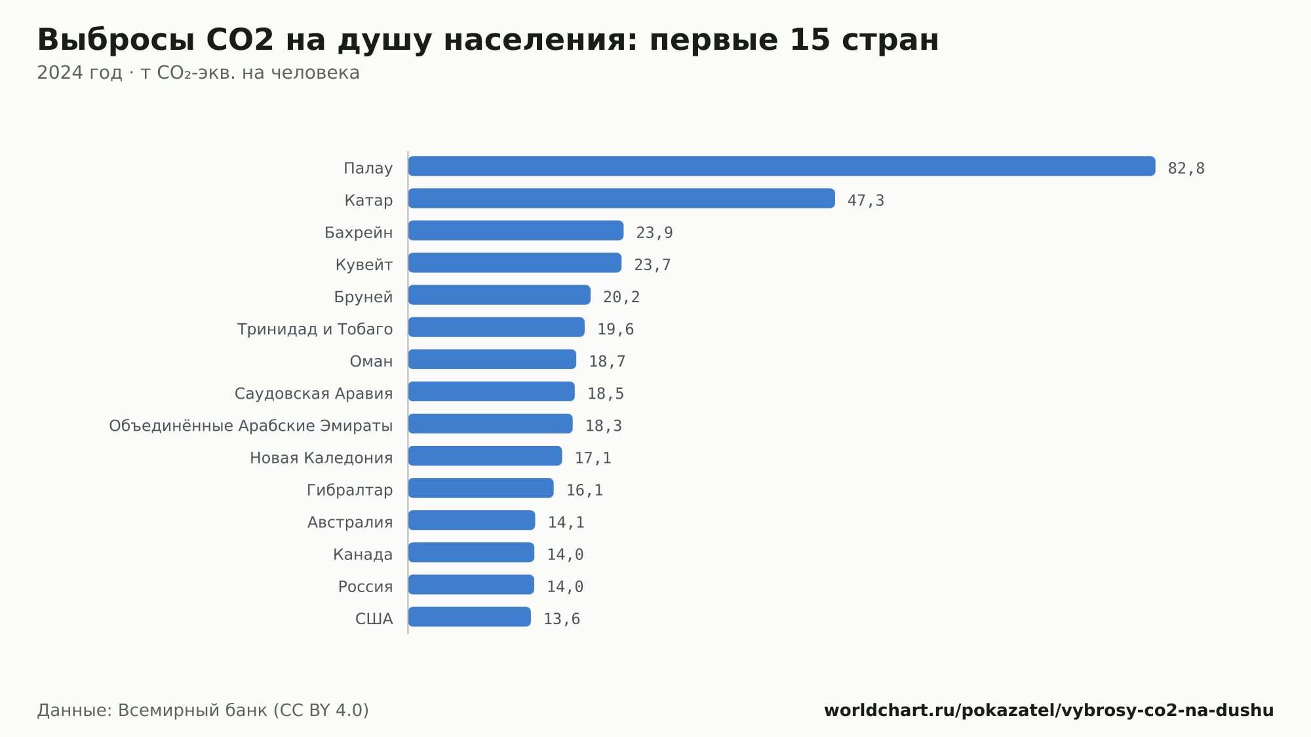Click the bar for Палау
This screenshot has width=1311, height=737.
pos(781,166)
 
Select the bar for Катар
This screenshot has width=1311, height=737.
pos(621,198)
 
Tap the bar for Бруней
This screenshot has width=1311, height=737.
pos(499,295)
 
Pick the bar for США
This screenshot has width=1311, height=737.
pos(469,617)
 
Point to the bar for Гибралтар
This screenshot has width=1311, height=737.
pos(481,488)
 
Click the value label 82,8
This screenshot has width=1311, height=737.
pos(1186,169)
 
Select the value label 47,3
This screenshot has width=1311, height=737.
pos(866,201)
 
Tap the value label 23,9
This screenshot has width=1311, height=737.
pos(654,233)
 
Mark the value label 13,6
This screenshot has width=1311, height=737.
pos(562,619)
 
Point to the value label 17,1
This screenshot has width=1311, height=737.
pos(593,458)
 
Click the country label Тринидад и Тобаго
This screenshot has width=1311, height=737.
pos(315,329)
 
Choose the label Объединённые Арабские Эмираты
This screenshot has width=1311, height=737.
pos(251,426)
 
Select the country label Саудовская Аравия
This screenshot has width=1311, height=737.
pos(314,393)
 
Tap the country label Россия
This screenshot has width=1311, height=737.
pos(366,587)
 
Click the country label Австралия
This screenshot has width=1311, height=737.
pos(350,523)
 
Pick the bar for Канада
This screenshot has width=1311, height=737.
pos(471,552)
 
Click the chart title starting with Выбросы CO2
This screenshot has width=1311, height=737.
pos(488,39)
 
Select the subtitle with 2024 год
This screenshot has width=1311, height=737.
pos(198,73)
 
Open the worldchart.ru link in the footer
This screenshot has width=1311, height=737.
pos(1049,710)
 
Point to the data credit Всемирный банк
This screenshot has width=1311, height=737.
pos(203,710)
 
